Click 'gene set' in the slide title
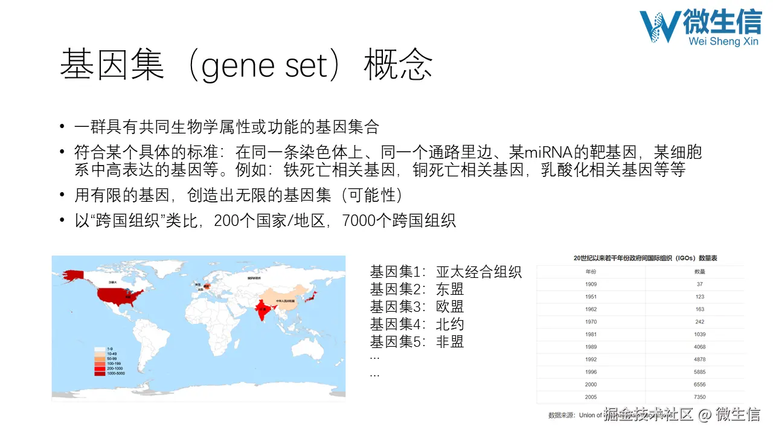tap(266, 65)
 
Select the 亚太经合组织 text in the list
tap(478, 272)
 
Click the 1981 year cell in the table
tap(591, 334)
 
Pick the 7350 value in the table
tap(699, 397)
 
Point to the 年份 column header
tap(591, 271)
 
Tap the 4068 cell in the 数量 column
tap(699, 347)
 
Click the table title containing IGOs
tap(645, 258)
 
